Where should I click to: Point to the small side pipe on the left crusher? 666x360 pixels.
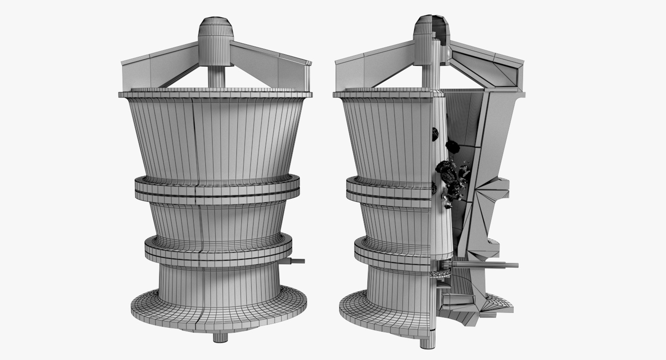298,261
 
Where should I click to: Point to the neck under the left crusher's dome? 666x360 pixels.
215,75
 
